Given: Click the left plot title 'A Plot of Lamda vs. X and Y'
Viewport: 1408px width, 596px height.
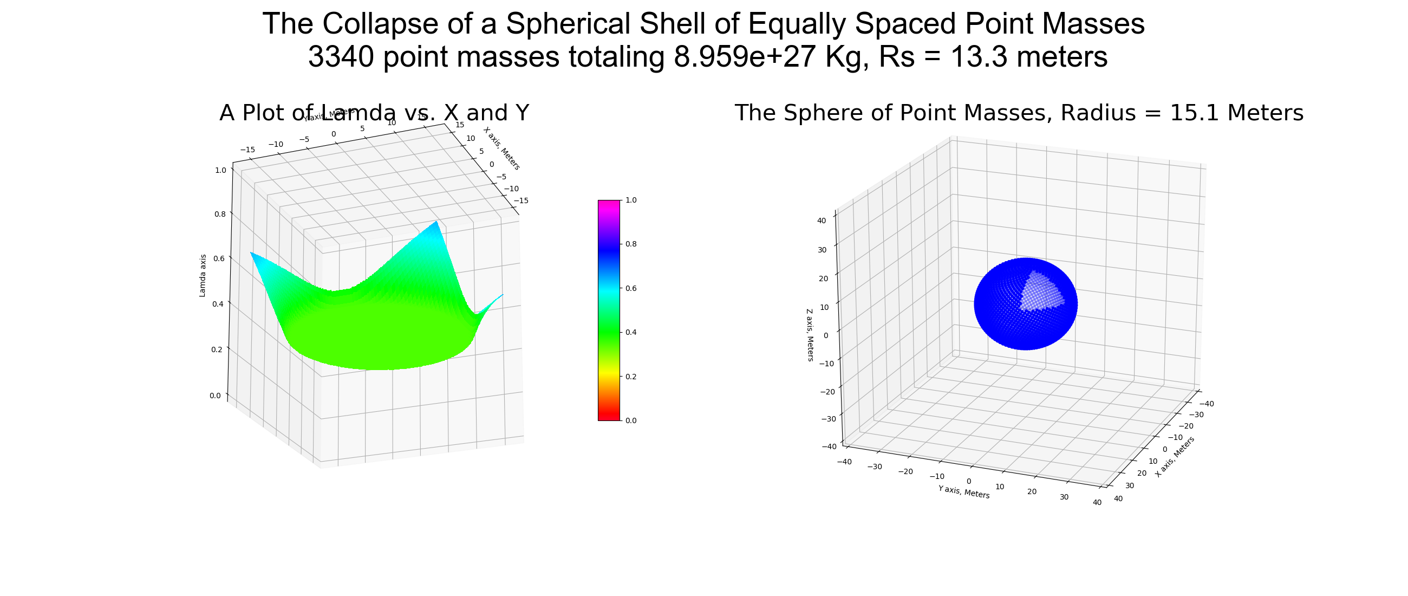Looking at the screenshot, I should click(374, 113).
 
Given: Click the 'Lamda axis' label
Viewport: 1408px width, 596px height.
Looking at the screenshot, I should click(203, 276).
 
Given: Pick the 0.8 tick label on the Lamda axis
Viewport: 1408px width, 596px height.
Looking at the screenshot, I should click(220, 215).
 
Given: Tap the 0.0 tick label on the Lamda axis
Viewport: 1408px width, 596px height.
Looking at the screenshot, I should click(216, 396).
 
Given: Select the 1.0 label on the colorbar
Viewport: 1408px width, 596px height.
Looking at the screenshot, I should click(631, 200).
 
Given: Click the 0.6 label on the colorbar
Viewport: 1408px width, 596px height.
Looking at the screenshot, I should click(631, 288).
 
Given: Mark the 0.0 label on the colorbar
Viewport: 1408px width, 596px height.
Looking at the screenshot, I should click(631, 420).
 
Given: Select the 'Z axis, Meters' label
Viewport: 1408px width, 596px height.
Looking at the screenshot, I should click(810, 335).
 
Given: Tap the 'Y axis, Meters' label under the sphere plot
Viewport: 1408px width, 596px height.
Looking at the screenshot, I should click(963, 492).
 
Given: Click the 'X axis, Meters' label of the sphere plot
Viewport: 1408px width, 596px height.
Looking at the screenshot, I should click(1175, 457).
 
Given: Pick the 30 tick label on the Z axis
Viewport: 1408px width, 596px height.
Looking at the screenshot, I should click(822, 250).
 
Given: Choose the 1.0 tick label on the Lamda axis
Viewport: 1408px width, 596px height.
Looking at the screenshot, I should click(220, 170).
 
